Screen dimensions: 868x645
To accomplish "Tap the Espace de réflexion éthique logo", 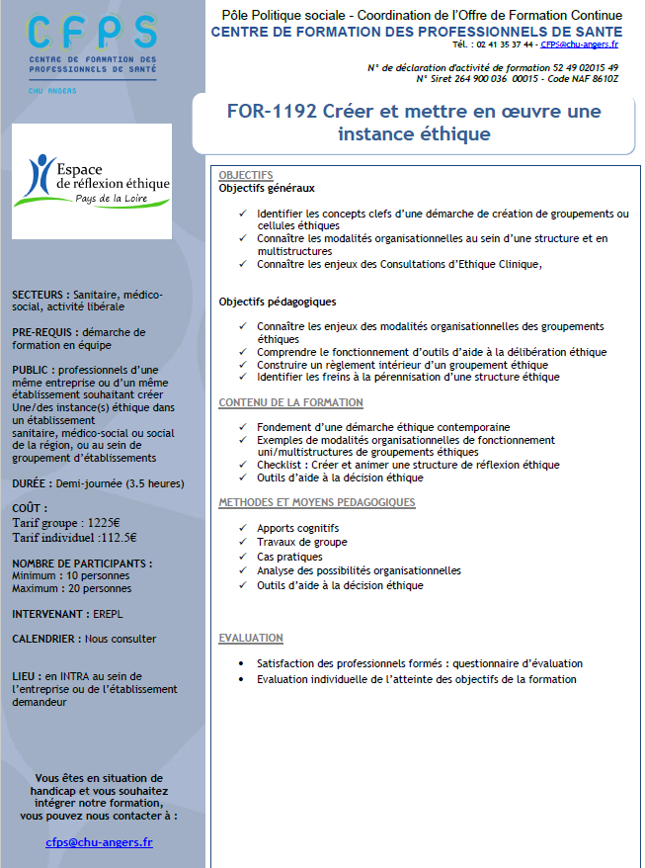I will pyautogui.click(x=91, y=179).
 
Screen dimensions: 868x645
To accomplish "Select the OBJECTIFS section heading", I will pyautogui.click(x=246, y=175).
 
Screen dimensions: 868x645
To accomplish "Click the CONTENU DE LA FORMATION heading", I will pyautogui.click(x=290, y=402).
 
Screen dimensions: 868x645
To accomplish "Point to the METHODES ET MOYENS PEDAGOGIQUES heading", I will pyautogui.click(x=316, y=502).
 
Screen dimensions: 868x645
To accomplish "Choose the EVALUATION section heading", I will pyautogui.click(x=251, y=639).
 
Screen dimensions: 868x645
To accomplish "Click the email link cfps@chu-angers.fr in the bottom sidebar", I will pyautogui.click(x=99, y=842).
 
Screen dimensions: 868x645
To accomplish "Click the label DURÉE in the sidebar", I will pyautogui.click(x=33, y=485).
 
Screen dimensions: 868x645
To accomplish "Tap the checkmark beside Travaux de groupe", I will pyautogui.click(x=243, y=543).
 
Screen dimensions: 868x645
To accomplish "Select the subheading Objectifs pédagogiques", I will pyautogui.click(x=278, y=302).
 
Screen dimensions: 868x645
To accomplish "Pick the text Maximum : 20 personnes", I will pyautogui.click(x=71, y=588).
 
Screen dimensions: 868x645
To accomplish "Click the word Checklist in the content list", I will pyautogui.click(x=281, y=465).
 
